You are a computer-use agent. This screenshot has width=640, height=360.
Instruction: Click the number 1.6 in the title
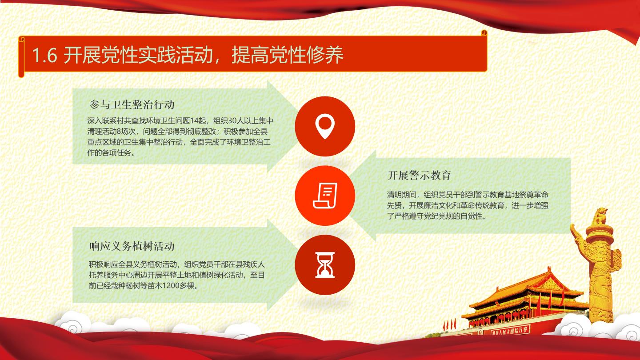pyautogui.click(x=44, y=55)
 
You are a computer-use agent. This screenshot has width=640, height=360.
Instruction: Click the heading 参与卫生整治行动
pyautogui.click(x=132, y=104)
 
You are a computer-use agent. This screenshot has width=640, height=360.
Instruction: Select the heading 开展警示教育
pyautogui.click(x=419, y=175)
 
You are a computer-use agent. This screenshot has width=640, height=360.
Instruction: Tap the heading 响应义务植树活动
pyautogui.click(x=132, y=246)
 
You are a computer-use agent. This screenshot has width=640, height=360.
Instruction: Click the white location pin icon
pyautogui.click(x=325, y=126)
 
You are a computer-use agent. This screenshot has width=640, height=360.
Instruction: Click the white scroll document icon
pyautogui.click(x=325, y=196)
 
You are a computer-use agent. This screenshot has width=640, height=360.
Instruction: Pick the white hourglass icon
pyautogui.click(x=325, y=265)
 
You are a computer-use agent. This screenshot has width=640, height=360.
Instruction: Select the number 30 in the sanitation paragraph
pyautogui.click(x=232, y=121)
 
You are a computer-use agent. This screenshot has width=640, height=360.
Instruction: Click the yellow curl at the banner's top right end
pyautogui.click(x=484, y=32)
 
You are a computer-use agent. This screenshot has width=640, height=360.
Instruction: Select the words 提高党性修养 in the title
pyautogui.click(x=287, y=55)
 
